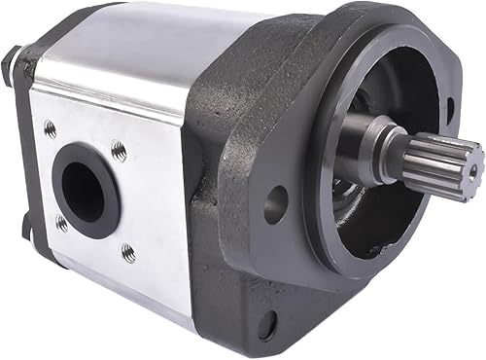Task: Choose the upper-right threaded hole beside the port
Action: (119, 150)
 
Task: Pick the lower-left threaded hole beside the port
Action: (60, 222)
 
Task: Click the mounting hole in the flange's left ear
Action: (277, 204)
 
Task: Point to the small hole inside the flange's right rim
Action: (450, 112)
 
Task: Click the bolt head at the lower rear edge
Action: (26, 229)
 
